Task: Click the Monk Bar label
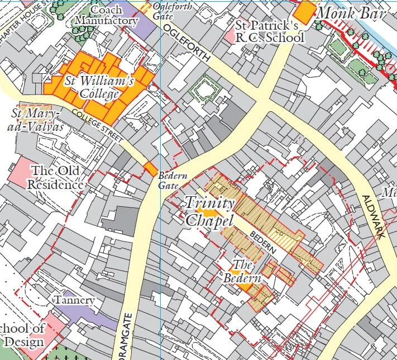tap(352, 12)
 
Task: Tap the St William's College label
tap(99, 87)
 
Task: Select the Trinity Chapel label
tap(209, 211)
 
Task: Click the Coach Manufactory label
tap(106, 15)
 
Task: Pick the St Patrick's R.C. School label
tap(270, 31)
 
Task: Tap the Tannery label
tap(74, 300)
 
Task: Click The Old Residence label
tap(56, 177)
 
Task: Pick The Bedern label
tap(242, 271)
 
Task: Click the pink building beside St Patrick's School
tap(229, 36)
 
